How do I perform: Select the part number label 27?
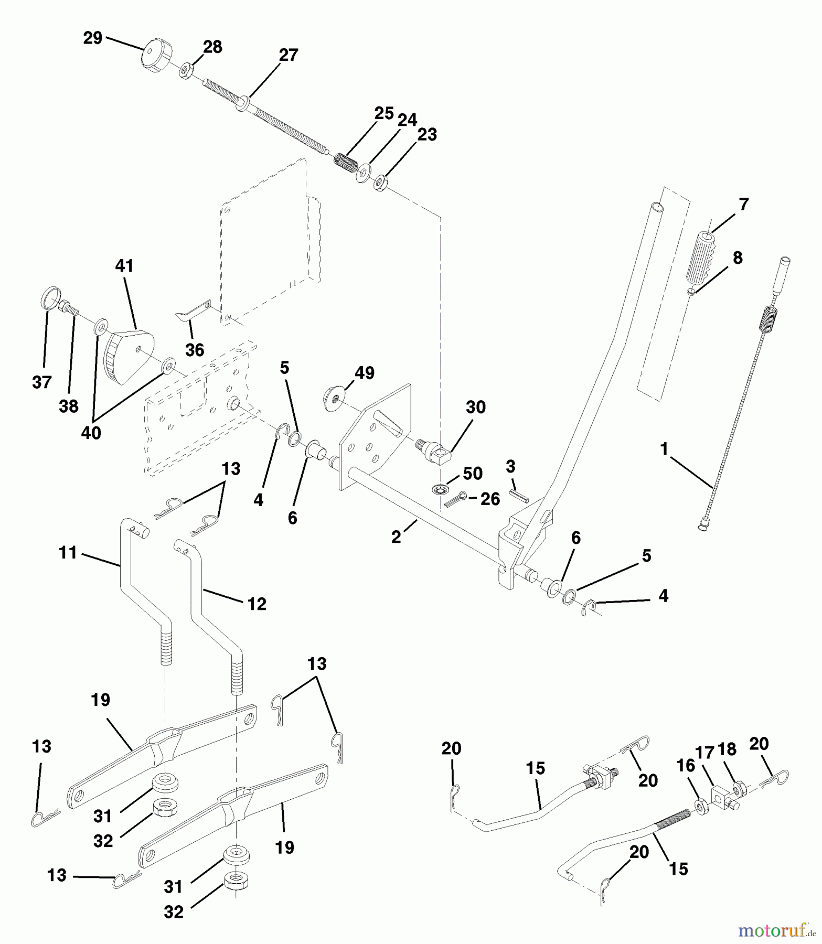tap(289, 55)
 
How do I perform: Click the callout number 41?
tap(124, 266)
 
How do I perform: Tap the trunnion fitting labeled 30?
tap(434, 450)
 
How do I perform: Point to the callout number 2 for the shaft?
tap(396, 537)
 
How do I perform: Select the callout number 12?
tap(257, 604)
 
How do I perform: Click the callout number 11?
tap(68, 553)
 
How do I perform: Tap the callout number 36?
tap(195, 350)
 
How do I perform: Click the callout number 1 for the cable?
tap(665, 449)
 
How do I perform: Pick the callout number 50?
tap(472, 474)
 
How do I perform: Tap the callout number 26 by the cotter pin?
tap(490, 499)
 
